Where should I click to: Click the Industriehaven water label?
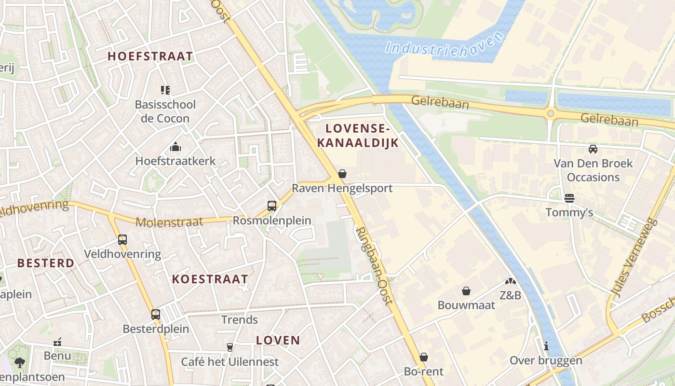(x=444, y=45)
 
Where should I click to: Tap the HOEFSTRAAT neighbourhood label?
(x=150, y=56)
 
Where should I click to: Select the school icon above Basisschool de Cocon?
(x=165, y=90)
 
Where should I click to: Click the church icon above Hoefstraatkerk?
(x=175, y=146)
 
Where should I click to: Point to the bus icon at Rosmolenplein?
(x=272, y=206)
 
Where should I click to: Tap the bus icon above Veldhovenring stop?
(x=122, y=239)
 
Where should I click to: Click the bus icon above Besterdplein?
(x=155, y=314)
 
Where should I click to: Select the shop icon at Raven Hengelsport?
(x=342, y=174)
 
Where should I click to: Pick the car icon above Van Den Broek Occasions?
(x=593, y=149)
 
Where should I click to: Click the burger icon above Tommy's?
(x=569, y=198)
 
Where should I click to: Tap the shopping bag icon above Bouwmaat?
(x=466, y=290)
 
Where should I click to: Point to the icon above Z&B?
(x=511, y=281)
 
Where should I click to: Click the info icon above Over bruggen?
(x=546, y=346)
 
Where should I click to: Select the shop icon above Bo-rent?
(x=423, y=357)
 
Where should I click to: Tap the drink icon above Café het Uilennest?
(x=230, y=347)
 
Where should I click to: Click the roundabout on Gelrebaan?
(x=551, y=114)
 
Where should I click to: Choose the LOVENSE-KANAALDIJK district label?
(x=362, y=136)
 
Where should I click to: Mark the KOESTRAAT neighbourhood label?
(x=210, y=279)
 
